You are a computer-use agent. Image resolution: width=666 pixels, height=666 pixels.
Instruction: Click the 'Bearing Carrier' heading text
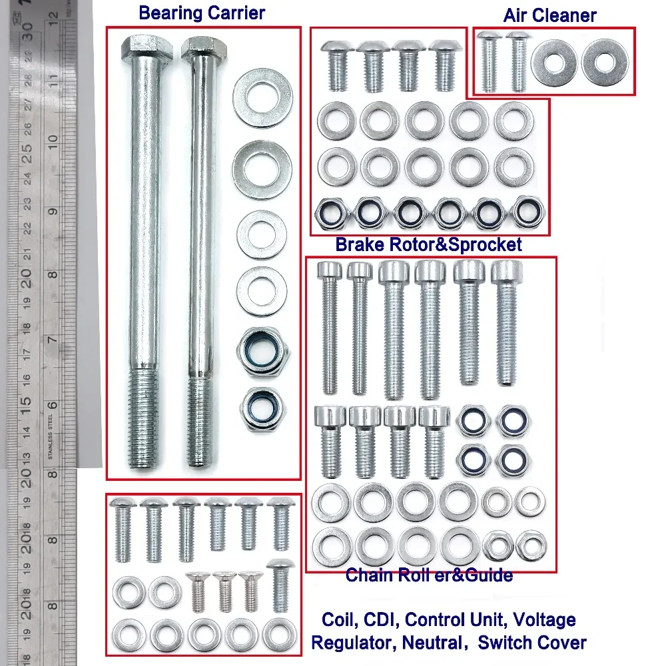click(202, 13)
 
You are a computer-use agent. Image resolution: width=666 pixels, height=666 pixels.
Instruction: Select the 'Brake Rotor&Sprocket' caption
click(428, 244)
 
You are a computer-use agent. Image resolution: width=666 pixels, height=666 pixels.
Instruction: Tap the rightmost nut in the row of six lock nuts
click(529, 212)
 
